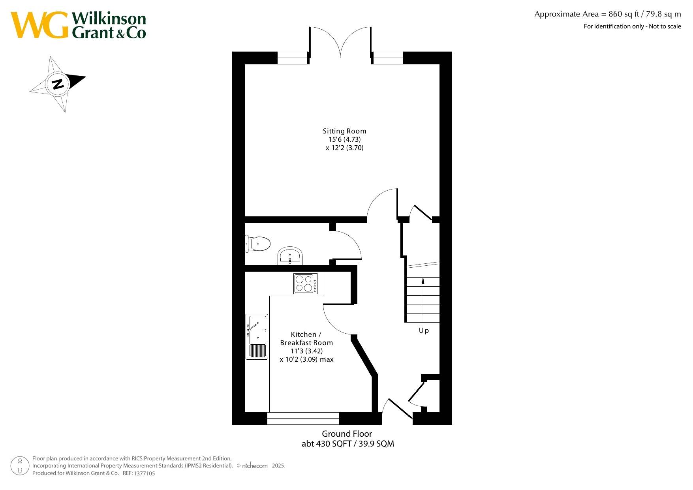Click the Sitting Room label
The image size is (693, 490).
(x=344, y=131)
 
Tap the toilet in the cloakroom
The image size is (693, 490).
(x=257, y=244)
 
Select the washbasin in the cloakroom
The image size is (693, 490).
(x=290, y=256)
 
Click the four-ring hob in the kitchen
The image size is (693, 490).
(x=306, y=283)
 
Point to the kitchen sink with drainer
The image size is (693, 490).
(x=257, y=336)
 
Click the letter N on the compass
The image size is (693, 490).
(x=58, y=84)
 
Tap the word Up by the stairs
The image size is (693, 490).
(x=424, y=331)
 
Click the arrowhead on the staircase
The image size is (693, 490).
(x=423, y=280)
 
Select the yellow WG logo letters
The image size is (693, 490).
(x=39, y=25)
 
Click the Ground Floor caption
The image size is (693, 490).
(x=347, y=434)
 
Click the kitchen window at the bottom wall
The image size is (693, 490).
(x=303, y=418)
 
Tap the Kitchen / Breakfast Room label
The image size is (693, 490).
(x=306, y=339)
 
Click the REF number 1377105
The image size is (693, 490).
(x=145, y=473)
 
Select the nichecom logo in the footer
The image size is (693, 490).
(x=255, y=466)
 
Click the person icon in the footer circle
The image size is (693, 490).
(x=20, y=466)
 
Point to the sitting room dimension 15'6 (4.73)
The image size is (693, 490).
(x=344, y=139)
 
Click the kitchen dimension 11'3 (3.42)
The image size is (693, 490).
(x=306, y=351)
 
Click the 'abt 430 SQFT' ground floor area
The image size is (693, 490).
(x=327, y=444)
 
